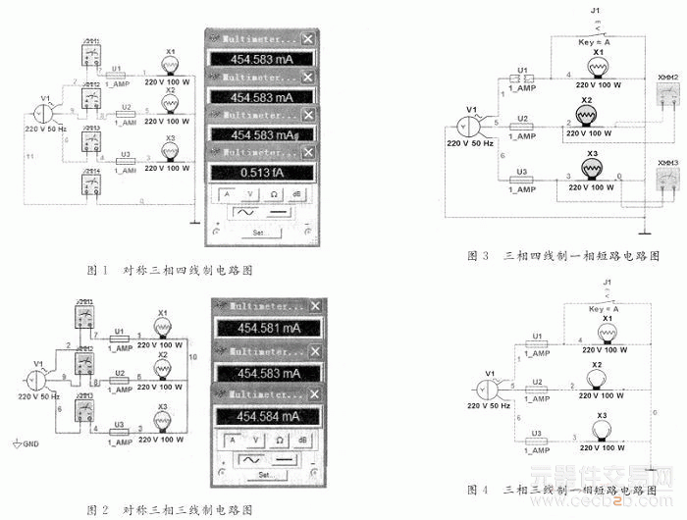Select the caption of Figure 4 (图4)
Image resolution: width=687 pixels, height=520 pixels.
560,488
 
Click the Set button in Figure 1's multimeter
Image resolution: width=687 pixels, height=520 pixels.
258,233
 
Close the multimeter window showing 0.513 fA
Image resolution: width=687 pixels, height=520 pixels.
309,151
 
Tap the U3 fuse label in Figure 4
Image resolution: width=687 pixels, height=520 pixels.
537,433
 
